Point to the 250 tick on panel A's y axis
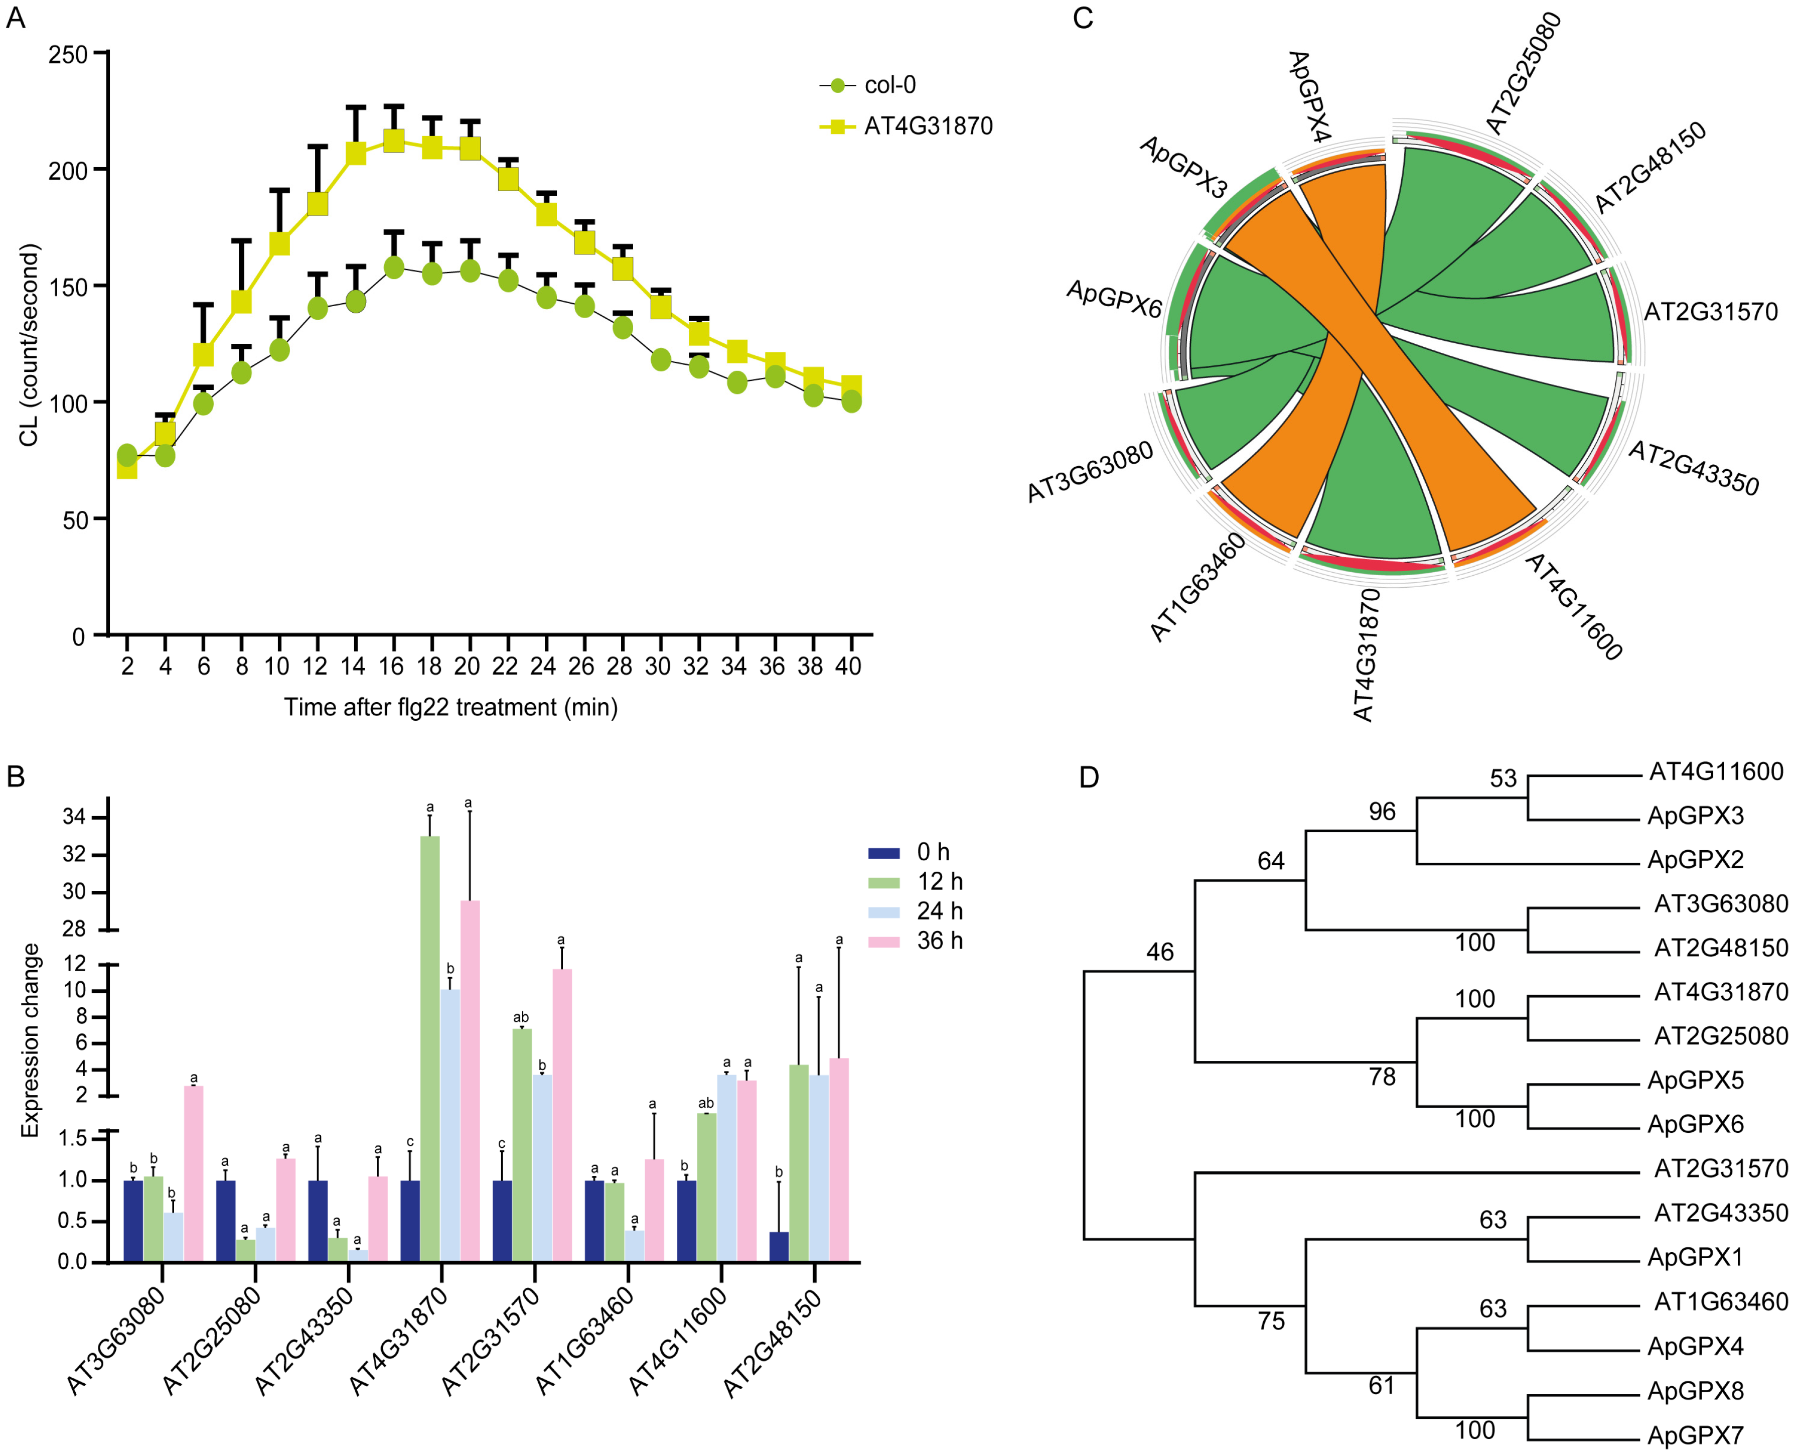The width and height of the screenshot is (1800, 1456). click(68, 55)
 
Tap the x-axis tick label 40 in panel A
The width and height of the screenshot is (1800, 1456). click(848, 666)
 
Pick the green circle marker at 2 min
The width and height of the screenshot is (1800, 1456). click(126, 455)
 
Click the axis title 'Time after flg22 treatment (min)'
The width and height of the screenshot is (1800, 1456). click(450, 707)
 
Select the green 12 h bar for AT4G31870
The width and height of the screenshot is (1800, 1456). click(430, 1048)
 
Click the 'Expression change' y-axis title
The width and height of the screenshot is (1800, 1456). click(30, 1040)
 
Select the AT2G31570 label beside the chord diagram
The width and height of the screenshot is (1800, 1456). click(1710, 312)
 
